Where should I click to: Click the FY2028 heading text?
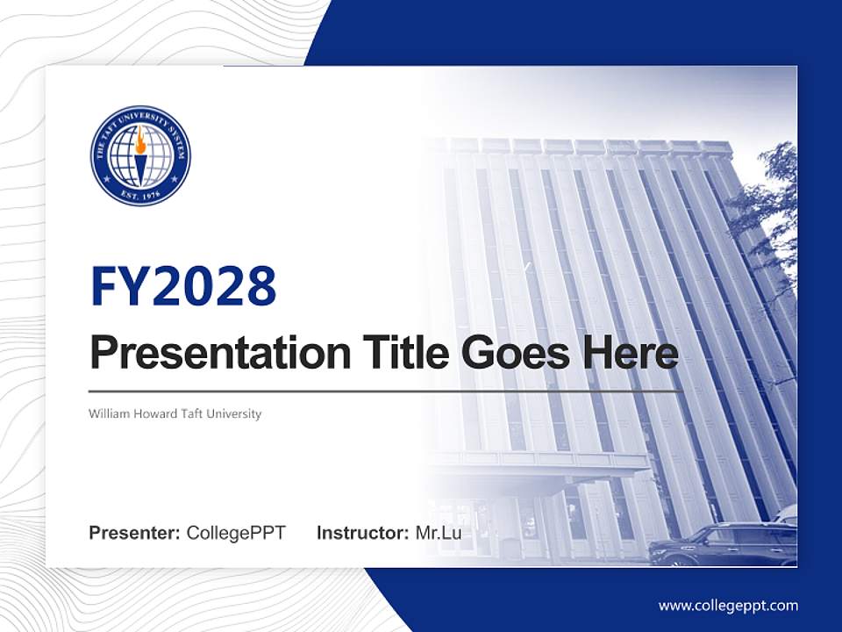click(x=182, y=285)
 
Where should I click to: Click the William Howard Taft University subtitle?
click(x=175, y=413)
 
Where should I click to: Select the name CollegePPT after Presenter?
click(x=236, y=533)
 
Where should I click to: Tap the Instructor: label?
click(x=362, y=533)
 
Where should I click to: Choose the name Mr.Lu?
click(x=438, y=533)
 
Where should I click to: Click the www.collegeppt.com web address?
click(x=728, y=606)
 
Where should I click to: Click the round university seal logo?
click(x=140, y=155)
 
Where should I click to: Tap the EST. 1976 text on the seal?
click(x=140, y=193)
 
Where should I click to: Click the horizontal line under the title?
click(x=386, y=391)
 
